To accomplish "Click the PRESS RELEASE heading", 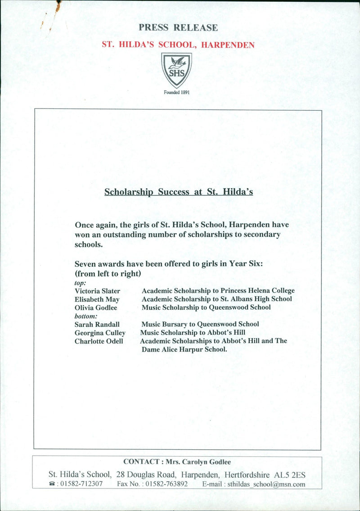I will point(178,27).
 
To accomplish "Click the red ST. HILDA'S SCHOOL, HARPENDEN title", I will point(178,45).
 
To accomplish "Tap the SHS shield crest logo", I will point(176,70).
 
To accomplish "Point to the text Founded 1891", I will point(176,92).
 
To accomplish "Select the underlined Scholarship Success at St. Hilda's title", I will point(179,192).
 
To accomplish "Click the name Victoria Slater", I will point(97,291).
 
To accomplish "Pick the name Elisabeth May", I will point(97,299).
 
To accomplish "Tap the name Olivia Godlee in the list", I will point(96,308).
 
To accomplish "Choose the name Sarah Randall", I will point(97,324).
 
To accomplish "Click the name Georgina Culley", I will point(100,333).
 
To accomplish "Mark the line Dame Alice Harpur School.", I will point(184,349).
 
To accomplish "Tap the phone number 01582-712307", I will point(81,484).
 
